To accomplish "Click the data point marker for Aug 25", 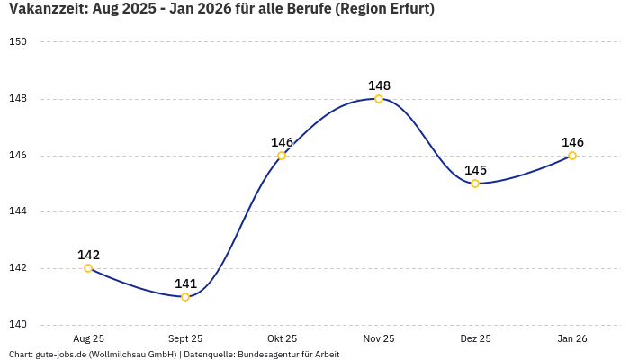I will point(88,268).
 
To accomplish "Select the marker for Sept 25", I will point(185,297).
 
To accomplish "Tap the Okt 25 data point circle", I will point(282,156).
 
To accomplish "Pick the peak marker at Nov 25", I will point(379,99).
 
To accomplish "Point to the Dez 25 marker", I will point(475,184).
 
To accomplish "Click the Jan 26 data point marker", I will point(572,156).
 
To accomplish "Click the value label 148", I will point(379,85).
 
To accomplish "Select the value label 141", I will point(185,283).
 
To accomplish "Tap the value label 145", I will point(475,170).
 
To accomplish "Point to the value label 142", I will point(88,255).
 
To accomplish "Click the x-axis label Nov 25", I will point(379,338).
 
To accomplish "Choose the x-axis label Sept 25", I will point(185,338).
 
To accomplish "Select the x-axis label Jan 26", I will point(572,338).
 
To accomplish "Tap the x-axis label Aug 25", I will point(88,338).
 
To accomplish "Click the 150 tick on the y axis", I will point(18,42).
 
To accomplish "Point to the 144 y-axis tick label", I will point(18,212).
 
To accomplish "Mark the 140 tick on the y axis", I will point(18,325).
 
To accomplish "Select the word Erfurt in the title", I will point(405,10).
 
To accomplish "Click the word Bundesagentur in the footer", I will point(269,355).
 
